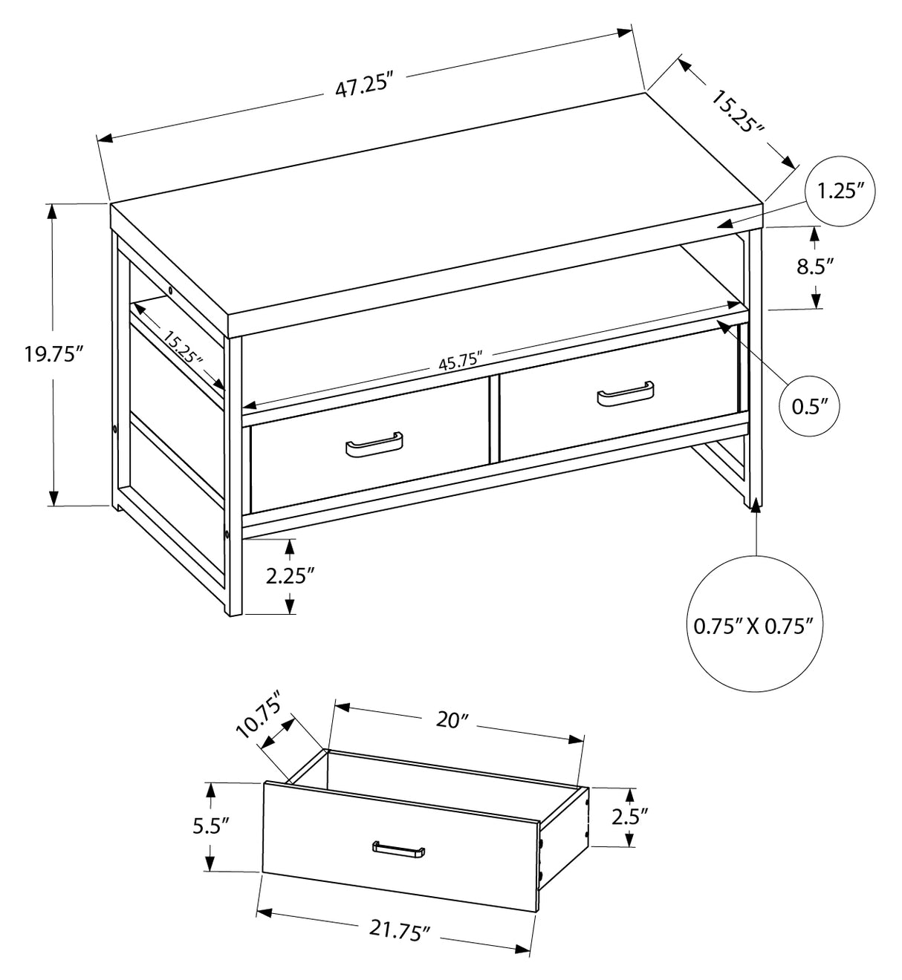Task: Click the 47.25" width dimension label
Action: pos(363,87)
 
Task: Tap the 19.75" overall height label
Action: pos(51,354)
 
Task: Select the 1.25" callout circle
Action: pos(840,192)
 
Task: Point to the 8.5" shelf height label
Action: pos(815,267)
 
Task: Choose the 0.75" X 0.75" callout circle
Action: pos(755,625)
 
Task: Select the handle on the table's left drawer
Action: pos(374,445)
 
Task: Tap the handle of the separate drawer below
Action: pos(398,850)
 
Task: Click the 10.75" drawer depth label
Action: pos(260,714)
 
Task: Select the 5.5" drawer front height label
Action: pos(210,826)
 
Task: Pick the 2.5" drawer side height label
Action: pos(629,817)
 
